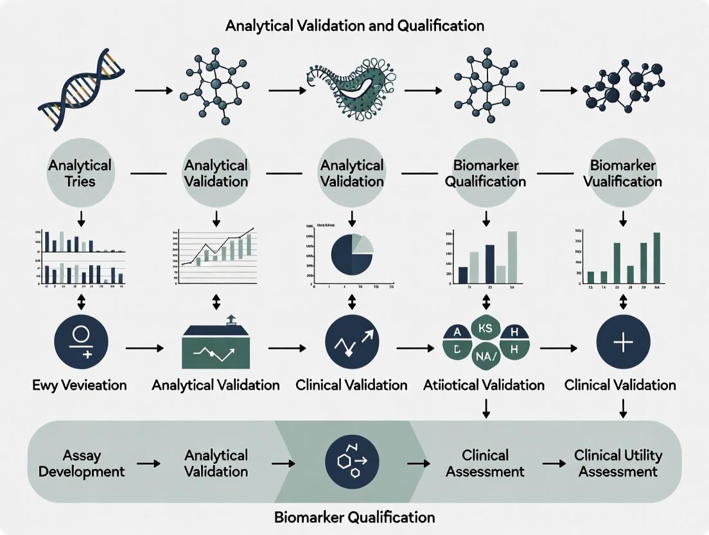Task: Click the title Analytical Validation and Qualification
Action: [354, 26]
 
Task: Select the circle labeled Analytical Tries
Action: [80, 173]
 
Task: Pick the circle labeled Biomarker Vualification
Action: [623, 173]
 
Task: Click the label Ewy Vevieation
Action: [80, 385]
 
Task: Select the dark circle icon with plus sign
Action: [623, 341]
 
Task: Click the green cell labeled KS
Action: [486, 327]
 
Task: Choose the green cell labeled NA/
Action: [486, 356]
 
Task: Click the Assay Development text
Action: [82, 463]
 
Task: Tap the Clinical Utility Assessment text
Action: [618, 463]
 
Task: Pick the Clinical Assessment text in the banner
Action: [486, 463]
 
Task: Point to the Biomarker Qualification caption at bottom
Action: [354, 516]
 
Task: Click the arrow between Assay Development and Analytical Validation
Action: [148, 464]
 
